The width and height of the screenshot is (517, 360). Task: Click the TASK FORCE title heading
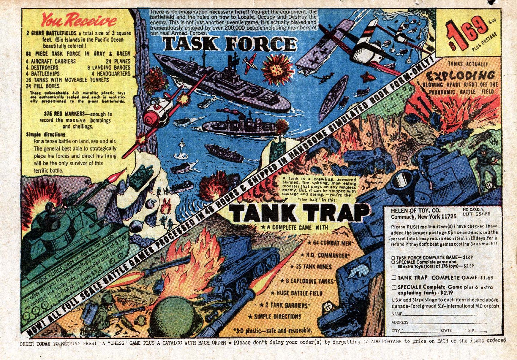coord(229,44)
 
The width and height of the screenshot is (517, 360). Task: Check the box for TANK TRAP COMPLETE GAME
coord(394,277)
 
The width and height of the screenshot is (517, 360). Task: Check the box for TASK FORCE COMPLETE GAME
coord(393,257)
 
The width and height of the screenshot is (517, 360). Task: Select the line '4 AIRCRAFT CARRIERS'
coord(51,61)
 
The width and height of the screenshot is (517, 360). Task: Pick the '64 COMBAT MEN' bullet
coord(331,243)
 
